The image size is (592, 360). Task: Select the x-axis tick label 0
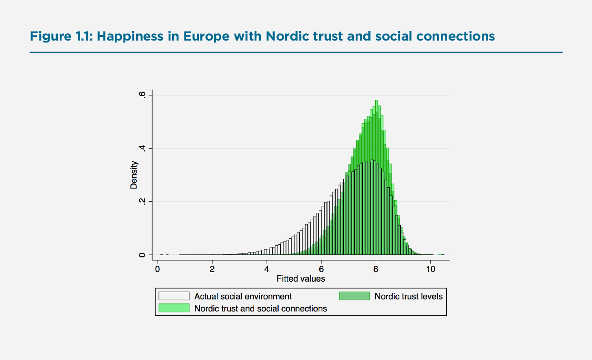(x=158, y=269)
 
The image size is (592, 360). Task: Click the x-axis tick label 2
(x=212, y=269)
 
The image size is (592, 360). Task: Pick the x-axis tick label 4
(x=267, y=269)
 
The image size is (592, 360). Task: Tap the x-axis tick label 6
(x=322, y=269)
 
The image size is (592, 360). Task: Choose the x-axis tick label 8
(x=376, y=269)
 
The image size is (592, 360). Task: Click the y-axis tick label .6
(x=143, y=95)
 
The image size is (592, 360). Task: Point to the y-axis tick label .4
(x=143, y=148)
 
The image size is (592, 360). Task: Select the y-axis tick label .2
(x=143, y=201)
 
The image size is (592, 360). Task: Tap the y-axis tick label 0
(x=143, y=255)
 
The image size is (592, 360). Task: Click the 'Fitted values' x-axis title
(x=301, y=278)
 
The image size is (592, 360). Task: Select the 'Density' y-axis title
(x=134, y=175)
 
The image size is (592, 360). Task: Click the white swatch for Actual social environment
(x=174, y=296)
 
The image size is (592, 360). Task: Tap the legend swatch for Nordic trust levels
(x=354, y=296)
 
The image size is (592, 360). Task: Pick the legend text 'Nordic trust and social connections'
(x=260, y=309)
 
